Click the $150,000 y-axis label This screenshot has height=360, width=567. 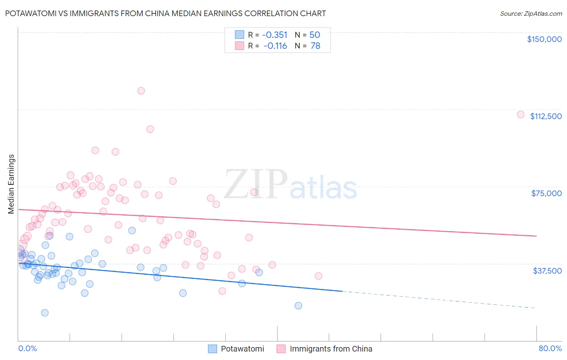point(544,39)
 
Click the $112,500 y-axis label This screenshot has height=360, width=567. point(546,116)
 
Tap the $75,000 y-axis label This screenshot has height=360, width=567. point(546,193)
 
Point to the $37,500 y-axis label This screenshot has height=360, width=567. point(547,271)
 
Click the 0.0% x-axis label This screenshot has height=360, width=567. point(27,348)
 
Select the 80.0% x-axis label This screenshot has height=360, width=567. point(550,348)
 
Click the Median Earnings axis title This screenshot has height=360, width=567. point(11,184)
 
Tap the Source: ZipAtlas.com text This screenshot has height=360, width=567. point(531,13)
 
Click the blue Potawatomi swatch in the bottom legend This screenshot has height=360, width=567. point(213,349)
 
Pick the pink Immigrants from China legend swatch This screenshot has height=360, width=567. point(281,349)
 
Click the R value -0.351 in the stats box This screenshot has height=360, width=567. point(275,35)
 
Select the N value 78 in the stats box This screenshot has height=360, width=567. point(315,46)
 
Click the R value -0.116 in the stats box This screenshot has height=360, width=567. point(275,46)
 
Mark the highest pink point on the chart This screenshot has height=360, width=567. point(141,91)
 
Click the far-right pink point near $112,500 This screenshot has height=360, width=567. point(521,115)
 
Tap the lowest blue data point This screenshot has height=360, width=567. point(45,313)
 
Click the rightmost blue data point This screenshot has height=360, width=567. point(298,306)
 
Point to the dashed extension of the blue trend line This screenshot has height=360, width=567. point(440,300)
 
